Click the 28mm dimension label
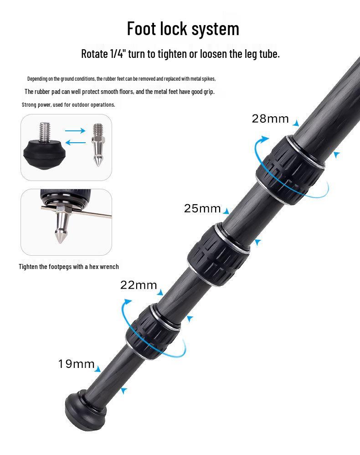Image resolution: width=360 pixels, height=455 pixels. click(270, 119)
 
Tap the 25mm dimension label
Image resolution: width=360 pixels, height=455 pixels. click(202, 209)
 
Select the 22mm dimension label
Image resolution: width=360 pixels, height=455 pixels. click(139, 285)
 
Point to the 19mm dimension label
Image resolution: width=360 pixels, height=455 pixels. click(76, 364)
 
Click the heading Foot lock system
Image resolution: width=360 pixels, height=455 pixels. click(183, 29)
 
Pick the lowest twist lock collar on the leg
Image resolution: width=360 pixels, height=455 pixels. click(153, 330)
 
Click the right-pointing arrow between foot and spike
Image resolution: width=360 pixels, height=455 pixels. click(75, 131)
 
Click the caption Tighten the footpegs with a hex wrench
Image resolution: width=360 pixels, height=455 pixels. click(69, 267)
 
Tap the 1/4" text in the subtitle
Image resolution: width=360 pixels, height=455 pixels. click(118, 54)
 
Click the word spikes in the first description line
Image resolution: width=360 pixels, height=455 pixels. click(207, 79)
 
